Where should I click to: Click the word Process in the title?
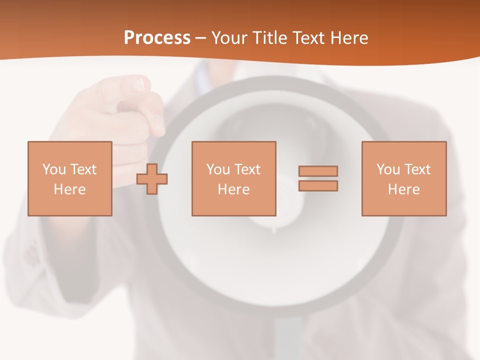tap(157, 38)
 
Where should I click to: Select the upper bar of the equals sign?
tap(318, 171)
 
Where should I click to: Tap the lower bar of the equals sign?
tap(318, 186)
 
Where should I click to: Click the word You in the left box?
tap(54, 169)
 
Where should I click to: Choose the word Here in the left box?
tap(69, 189)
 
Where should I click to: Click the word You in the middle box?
tap(218, 169)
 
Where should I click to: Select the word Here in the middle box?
tap(233, 189)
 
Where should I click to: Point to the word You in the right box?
tap(388, 169)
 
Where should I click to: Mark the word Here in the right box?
tap(403, 189)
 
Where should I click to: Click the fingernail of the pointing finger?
tap(138, 85)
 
